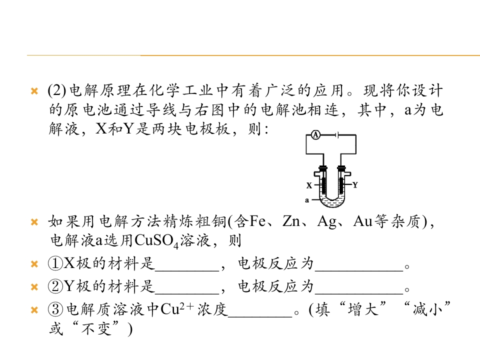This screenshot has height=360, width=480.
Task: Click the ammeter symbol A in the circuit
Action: click(x=315, y=134)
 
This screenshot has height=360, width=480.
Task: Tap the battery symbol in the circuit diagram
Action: click(x=337, y=134)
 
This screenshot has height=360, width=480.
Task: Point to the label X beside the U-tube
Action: click(x=309, y=185)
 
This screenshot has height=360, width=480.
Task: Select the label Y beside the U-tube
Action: click(x=355, y=185)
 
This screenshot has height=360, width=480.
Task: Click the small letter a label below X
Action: click(x=307, y=200)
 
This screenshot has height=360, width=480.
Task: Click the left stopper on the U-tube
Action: click(x=323, y=168)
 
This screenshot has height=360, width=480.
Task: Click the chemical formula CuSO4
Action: click(x=156, y=241)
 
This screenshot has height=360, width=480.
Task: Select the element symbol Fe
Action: click(x=257, y=221)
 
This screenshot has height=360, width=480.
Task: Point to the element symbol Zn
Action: click(x=291, y=221)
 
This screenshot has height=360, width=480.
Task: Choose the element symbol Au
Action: click(x=363, y=221)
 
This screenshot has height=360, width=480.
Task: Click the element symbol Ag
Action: click(x=327, y=221)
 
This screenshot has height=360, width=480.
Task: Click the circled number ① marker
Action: click(x=55, y=263)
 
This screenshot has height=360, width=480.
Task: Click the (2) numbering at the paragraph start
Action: click(x=57, y=90)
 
